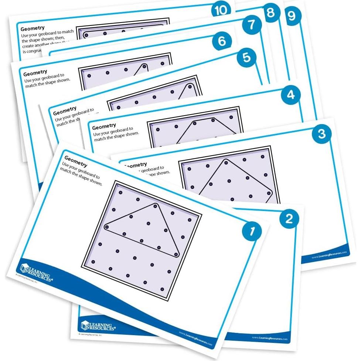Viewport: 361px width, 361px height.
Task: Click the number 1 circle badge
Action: (252, 232)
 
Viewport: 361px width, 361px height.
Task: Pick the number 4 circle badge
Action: (291, 95)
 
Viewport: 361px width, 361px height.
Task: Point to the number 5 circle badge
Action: (247, 58)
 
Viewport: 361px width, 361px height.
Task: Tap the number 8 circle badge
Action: (270, 13)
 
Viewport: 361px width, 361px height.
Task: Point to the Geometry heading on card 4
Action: (104, 126)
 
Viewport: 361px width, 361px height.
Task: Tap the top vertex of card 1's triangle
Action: (156, 205)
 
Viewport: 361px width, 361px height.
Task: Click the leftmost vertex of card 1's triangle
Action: (107, 227)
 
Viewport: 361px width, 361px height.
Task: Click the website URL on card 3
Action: (329, 254)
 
